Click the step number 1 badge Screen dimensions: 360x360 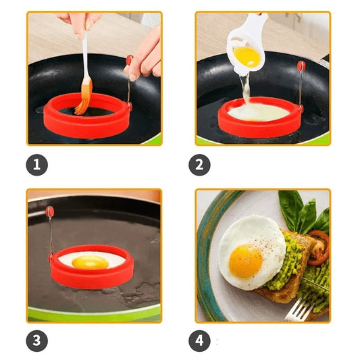(36, 165)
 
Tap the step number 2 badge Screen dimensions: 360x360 (199, 165)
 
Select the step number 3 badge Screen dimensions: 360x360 (36, 340)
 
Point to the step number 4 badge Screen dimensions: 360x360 (199, 340)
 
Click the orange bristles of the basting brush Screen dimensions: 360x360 (84, 97)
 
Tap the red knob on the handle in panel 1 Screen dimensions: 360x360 (130, 60)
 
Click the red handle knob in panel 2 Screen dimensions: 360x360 (301, 66)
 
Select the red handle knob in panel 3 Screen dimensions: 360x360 (49, 211)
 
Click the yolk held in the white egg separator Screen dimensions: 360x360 (247, 57)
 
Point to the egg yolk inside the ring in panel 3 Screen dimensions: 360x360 (90, 262)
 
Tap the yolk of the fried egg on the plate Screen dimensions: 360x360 (246, 261)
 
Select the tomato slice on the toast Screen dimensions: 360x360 (319, 247)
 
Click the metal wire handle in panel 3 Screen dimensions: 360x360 (51, 235)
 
